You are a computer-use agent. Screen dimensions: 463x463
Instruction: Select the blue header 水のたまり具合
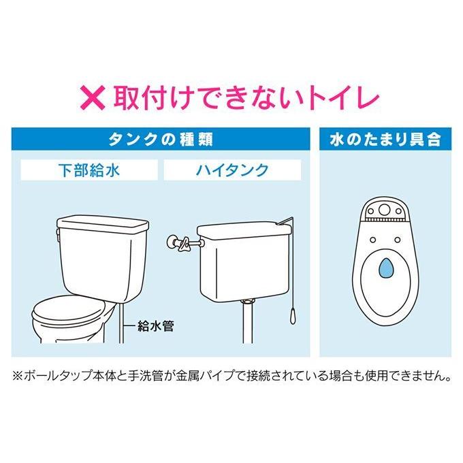(x=385, y=140)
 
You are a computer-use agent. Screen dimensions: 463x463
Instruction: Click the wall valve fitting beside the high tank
(x=179, y=240)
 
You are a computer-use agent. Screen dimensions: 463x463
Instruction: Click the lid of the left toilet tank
(x=102, y=223)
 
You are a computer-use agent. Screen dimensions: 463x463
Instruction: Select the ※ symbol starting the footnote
(x=18, y=376)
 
